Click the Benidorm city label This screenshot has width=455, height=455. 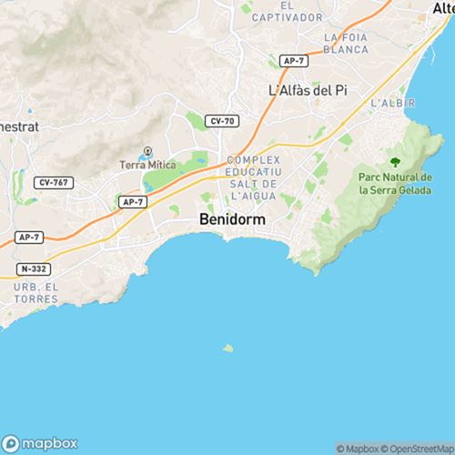coord(229,219)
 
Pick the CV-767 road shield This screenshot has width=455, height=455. coord(52,182)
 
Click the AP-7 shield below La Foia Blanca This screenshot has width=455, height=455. coord(292,60)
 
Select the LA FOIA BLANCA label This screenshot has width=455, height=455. coord(345,44)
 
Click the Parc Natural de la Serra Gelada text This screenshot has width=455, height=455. coord(397,184)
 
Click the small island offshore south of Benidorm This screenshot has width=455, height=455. coord(227,347)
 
